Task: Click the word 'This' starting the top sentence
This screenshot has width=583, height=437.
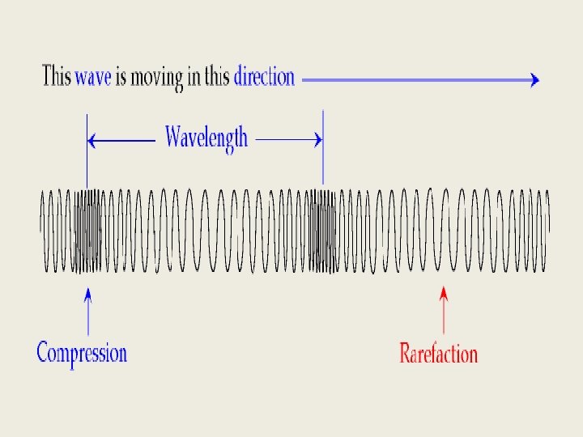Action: (56, 78)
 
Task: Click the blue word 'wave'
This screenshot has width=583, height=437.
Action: (93, 78)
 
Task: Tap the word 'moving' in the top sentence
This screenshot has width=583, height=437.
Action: (157, 79)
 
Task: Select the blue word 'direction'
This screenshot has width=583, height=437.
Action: (264, 78)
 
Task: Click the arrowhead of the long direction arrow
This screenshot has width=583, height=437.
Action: (534, 79)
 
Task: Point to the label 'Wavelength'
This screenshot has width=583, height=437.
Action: (206, 138)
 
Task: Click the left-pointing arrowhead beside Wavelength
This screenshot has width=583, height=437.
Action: (92, 141)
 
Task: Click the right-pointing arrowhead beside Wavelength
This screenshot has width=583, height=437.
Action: (317, 140)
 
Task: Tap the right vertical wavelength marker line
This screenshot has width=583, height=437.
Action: (323, 150)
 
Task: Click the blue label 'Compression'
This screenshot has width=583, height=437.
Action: (82, 353)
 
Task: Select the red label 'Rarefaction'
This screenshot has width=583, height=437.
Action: (438, 354)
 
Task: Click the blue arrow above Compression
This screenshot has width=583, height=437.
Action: (87, 311)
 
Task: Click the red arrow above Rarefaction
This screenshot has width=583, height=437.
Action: (442, 311)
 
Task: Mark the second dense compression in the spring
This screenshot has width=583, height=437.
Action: (323, 231)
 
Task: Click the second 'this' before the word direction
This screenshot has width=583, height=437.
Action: (217, 78)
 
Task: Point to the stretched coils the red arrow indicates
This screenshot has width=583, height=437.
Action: (442, 231)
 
